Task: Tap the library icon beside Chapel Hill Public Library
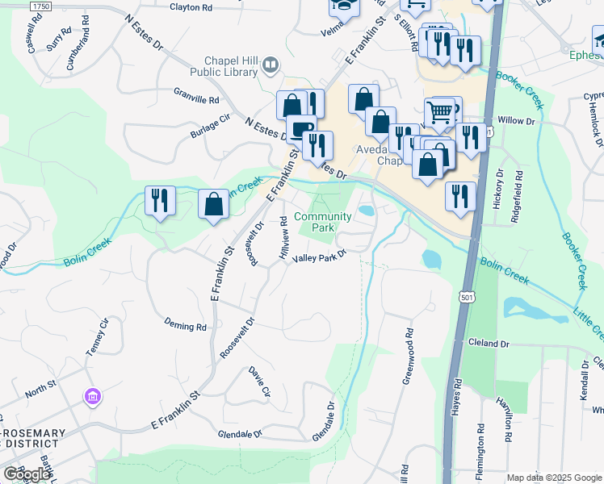tap(272, 64)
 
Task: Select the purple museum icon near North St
tap(92, 397)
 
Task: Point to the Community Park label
tap(323, 222)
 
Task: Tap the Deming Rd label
tap(185, 327)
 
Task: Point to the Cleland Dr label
tap(489, 344)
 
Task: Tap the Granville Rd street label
tap(196, 96)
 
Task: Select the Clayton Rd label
tap(191, 7)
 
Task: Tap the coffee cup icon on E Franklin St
tap(301, 128)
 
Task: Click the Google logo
tap(26, 474)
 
